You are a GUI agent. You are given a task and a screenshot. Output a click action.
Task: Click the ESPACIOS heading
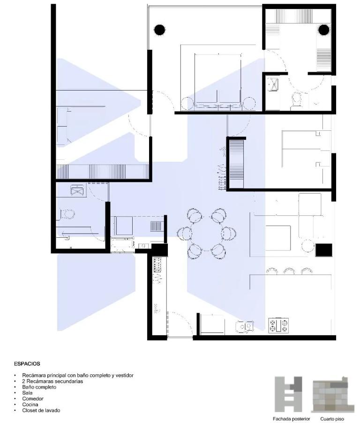[x=27, y=363]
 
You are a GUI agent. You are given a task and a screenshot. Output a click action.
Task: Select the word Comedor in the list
[x=33, y=399]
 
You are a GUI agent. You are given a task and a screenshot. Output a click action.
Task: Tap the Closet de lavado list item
[x=41, y=410]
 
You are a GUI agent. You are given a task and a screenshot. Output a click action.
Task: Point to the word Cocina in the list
[x=30, y=404]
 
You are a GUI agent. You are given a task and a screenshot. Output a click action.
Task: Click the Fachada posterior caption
[x=291, y=419]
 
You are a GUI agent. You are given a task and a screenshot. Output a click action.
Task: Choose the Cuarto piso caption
[x=332, y=419]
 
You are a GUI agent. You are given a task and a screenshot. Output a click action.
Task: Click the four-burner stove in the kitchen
[x=278, y=325]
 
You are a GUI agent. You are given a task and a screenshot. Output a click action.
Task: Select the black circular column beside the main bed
[x=159, y=30]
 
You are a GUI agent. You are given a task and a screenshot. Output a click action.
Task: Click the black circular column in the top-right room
[x=324, y=30]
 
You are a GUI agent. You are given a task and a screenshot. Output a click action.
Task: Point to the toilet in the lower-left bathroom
[x=67, y=214]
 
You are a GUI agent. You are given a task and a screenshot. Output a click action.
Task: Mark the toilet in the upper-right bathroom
[x=296, y=100]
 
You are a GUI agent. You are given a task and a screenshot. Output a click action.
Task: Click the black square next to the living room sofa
[x=324, y=250]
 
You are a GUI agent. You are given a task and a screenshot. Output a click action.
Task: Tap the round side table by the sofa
[x=307, y=246]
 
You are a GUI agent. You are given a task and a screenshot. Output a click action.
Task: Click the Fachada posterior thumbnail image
[x=288, y=394]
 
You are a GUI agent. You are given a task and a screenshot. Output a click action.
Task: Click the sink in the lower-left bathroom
[x=77, y=190]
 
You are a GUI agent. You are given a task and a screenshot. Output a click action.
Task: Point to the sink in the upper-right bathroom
[x=273, y=85]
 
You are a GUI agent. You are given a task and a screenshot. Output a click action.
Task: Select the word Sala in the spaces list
[x=27, y=393]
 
